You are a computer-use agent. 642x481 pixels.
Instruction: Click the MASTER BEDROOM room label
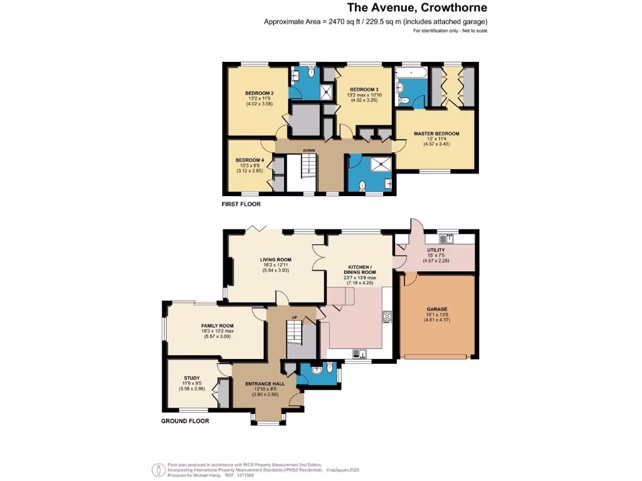[436, 133]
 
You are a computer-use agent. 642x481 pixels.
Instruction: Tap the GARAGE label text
[436, 309]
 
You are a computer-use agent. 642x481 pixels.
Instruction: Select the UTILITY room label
[436, 250]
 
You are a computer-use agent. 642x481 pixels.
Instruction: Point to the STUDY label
[191, 378]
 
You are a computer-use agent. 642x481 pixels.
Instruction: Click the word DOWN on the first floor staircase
[309, 150]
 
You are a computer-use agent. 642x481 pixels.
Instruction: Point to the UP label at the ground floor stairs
[294, 318]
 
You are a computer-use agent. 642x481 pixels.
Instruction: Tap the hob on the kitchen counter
[387, 316]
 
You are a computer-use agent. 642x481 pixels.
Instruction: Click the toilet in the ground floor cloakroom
[320, 369]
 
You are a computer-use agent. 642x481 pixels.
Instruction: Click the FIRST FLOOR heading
[241, 204]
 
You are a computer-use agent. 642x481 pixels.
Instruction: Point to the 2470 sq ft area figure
[339, 22]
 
